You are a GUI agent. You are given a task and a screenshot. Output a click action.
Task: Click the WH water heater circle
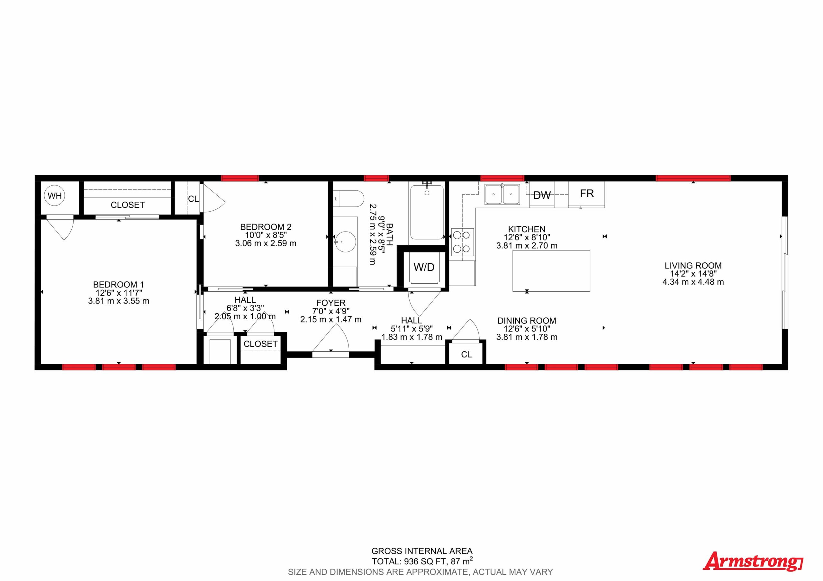tap(55, 196)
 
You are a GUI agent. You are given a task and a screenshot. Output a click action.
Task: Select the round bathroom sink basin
tap(345, 242)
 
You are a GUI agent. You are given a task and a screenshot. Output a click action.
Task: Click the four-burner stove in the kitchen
tap(462, 242)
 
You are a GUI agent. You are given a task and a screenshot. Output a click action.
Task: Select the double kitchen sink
tap(502, 194)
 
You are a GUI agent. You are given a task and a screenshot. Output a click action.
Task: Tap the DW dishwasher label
tap(542, 195)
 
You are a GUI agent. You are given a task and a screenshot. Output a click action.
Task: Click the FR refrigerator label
tap(587, 193)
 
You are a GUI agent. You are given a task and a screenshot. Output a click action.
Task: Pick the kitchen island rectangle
tap(551, 270)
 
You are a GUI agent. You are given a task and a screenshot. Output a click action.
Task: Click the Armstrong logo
tap(753, 561)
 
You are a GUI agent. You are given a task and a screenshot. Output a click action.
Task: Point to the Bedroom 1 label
tap(118, 285)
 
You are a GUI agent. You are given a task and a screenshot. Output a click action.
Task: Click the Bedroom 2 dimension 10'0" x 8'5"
tap(266, 235)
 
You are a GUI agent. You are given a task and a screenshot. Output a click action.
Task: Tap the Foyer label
tap(330, 303)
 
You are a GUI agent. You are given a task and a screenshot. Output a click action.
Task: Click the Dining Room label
tap(527, 321)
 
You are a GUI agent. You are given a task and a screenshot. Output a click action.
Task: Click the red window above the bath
tap(376, 178)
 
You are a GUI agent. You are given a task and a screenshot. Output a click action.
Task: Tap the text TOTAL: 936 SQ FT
tap(409, 561)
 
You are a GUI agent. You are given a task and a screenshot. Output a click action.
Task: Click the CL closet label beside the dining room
tap(466, 354)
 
